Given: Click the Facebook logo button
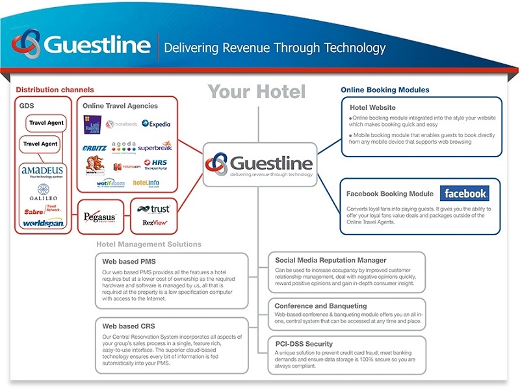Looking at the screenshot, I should [x=464, y=193].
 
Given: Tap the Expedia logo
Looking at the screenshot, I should [x=155, y=123].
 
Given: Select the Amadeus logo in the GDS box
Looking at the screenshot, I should [x=40, y=171].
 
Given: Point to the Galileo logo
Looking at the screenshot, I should [x=43, y=193].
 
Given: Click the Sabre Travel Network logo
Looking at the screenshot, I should [x=42, y=211].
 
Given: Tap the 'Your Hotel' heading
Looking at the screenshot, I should [x=257, y=92].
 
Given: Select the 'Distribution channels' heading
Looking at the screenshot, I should [x=55, y=90].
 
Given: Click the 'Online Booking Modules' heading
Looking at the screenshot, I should [x=385, y=90].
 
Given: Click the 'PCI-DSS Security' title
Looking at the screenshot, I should [x=304, y=343].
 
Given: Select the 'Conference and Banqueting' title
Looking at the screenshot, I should [x=320, y=305].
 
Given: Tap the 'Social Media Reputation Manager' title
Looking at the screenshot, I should [x=330, y=260].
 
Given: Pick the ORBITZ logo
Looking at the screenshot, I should [x=95, y=148].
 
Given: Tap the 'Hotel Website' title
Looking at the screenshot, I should [x=372, y=107].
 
